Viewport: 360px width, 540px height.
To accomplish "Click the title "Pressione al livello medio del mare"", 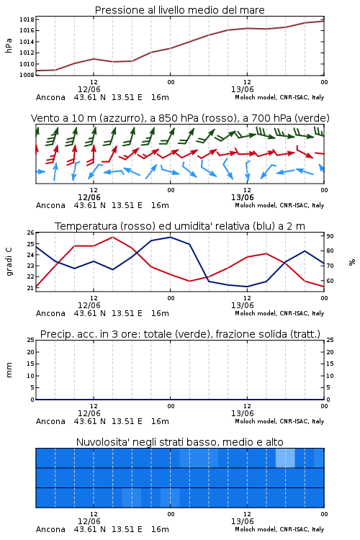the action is point(179,10).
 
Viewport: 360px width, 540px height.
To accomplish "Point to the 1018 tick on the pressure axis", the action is point(27,19).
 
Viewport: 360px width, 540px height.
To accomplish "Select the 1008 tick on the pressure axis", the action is point(27,75).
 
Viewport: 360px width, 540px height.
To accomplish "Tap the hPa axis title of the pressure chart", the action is point(9,46).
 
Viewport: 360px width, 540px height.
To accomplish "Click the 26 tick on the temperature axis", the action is point(31,233).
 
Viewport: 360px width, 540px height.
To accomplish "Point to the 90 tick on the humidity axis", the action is point(330,236).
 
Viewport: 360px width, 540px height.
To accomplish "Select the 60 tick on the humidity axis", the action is point(330,281).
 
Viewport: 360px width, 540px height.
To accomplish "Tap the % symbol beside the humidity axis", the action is point(352,262).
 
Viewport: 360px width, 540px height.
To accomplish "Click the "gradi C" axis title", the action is point(9,261).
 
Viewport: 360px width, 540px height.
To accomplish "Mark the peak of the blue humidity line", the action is point(170,237).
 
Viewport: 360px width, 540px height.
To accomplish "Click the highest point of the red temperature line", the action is point(112,237).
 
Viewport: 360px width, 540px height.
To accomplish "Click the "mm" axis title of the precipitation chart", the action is point(9,369).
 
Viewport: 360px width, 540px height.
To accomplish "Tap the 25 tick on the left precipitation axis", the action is point(31,340).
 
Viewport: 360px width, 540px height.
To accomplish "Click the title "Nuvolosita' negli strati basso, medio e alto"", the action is point(179,442).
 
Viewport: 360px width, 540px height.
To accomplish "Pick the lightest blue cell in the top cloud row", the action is point(285,458).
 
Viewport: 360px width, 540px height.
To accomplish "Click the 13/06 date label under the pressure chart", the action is point(242,89).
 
